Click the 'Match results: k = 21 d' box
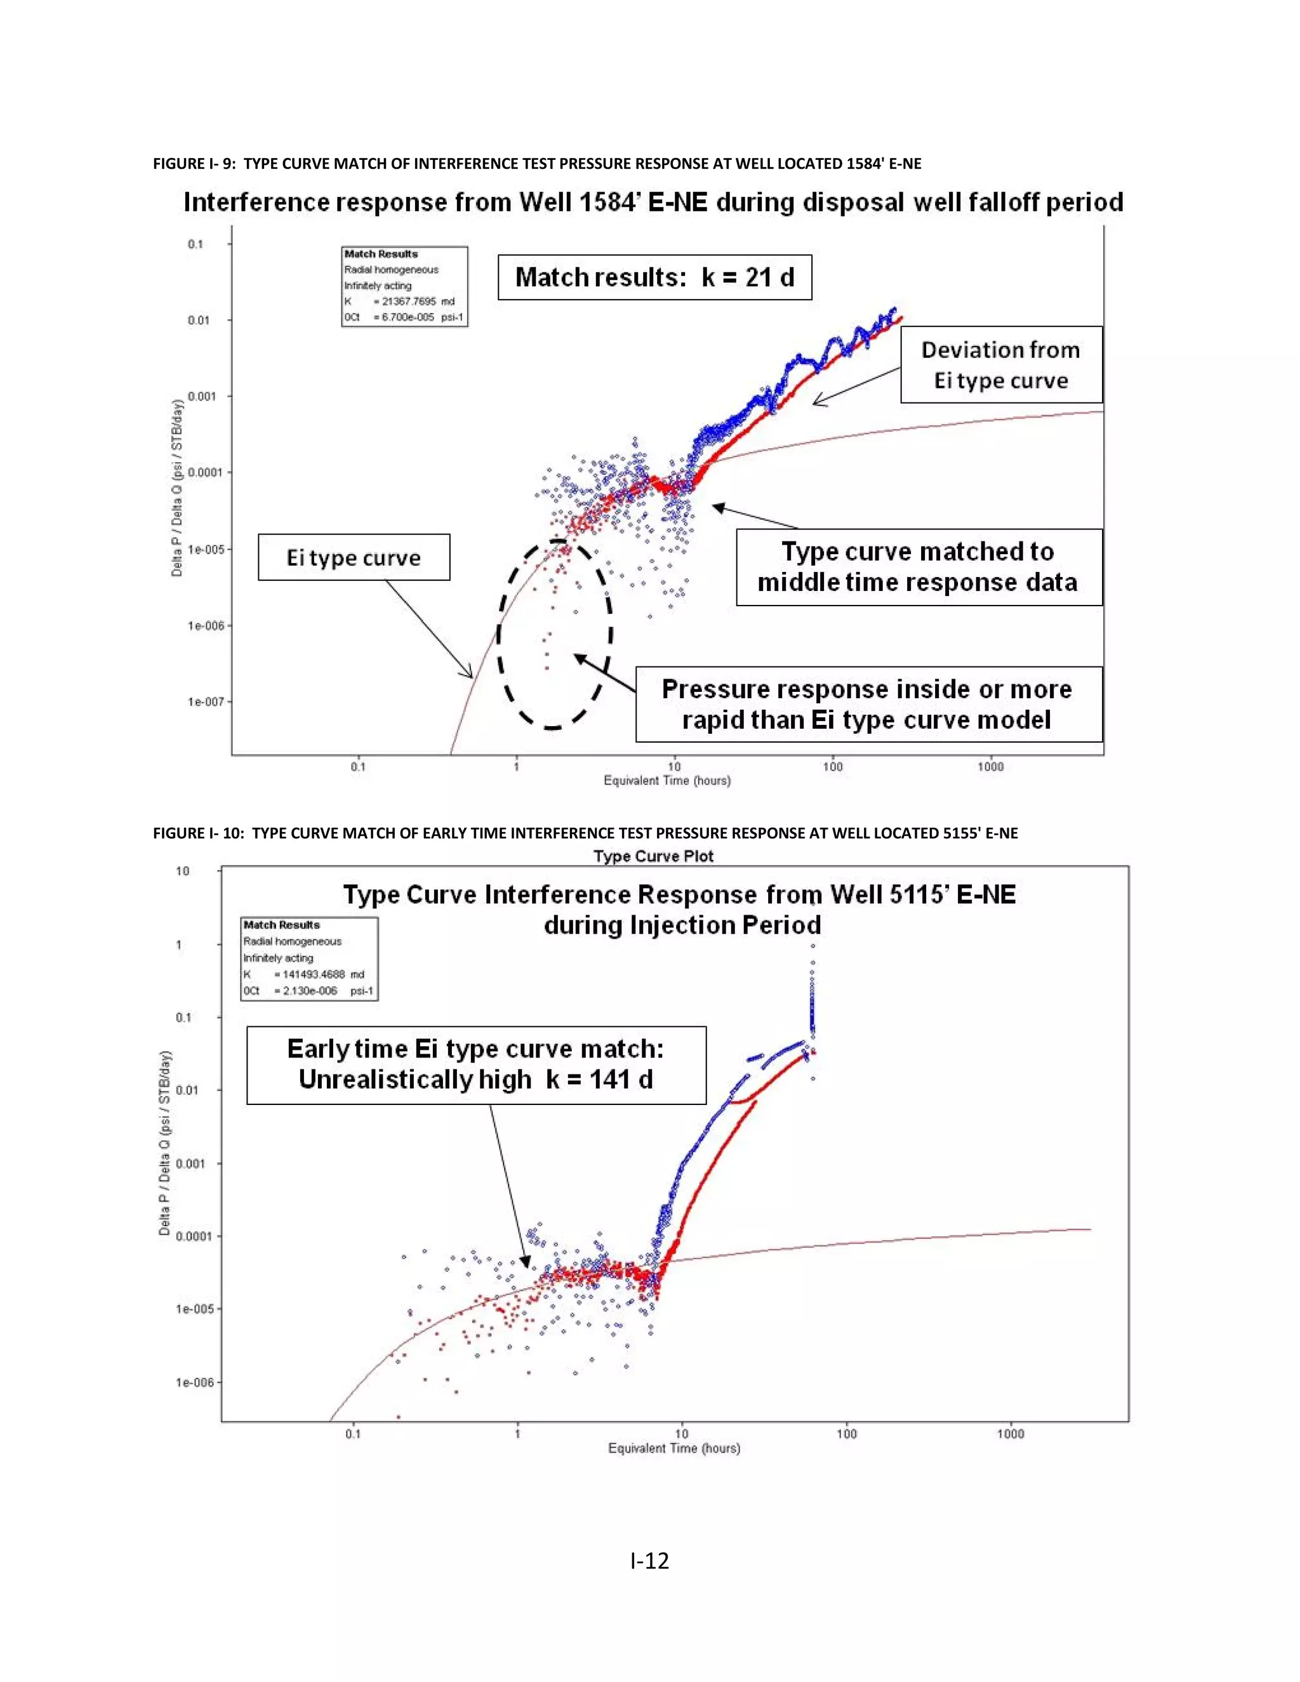click(x=654, y=277)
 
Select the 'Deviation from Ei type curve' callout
click(x=1001, y=365)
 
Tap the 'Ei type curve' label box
click(x=354, y=557)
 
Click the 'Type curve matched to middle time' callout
click(x=918, y=567)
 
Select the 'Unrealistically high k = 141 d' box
click(x=476, y=1064)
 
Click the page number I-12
click(x=649, y=1560)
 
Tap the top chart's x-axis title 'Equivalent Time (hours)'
click(x=667, y=780)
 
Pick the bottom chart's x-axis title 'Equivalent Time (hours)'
click(x=674, y=1448)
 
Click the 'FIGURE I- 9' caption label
click(x=195, y=163)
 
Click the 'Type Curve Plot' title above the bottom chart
click(x=653, y=856)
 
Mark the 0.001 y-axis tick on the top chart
click(x=201, y=396)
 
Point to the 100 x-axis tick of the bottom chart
click(x=846, y=1433)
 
